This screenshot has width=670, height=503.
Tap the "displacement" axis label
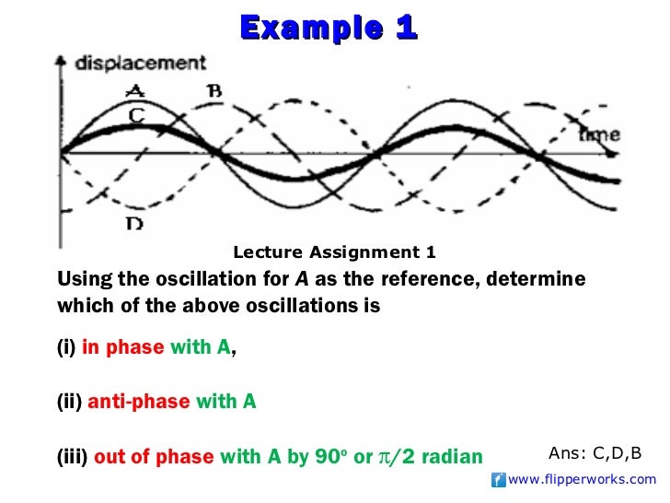click(140, 64)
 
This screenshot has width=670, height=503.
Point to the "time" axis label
click(598, 135)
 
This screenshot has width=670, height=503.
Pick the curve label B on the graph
click(214, 90)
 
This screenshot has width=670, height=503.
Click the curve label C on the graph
click(136, 115)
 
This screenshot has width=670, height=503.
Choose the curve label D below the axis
click(133, 224)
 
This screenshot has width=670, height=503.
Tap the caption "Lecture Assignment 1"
click(334, 252)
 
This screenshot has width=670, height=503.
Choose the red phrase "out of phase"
click(153, 457)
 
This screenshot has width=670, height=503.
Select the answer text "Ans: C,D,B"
click(595, 452)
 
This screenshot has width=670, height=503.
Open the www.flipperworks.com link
click(582, 479)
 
